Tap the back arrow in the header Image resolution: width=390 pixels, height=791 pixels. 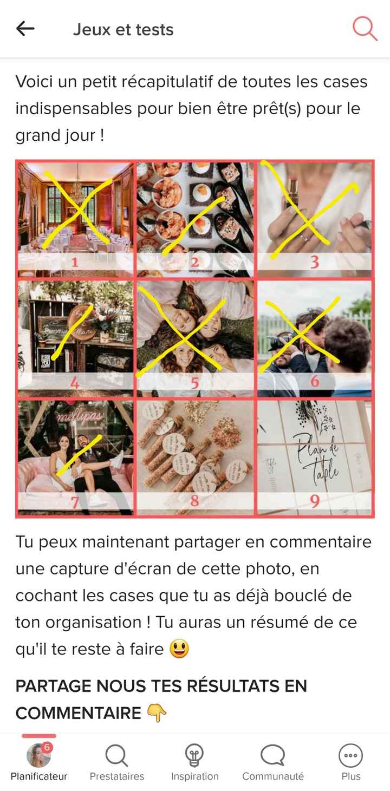point(25,29)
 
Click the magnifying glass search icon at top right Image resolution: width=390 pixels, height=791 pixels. point(365,29)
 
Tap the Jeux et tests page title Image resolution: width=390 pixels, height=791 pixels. point(123,29)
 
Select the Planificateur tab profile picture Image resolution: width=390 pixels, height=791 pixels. point(38,755)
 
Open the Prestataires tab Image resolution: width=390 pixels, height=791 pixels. point(116,761)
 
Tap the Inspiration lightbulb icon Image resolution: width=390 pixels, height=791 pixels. point(194,755)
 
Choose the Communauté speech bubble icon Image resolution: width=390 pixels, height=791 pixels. point(272,755)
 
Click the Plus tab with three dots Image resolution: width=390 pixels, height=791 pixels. point(350,761)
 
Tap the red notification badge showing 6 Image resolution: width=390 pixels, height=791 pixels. point(47,747)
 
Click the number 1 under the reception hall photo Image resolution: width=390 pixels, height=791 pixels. point(75,263)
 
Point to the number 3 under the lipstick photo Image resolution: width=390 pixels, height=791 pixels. point(314,263)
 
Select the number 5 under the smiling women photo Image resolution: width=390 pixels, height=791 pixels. point(194,383)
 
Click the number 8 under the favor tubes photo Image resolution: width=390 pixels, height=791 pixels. point(194,501)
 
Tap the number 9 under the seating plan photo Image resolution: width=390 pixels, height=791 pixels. point(314,501)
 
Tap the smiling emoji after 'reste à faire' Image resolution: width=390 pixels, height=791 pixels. point(179,649)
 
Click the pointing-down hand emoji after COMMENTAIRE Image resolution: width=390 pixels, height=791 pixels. point(157,714)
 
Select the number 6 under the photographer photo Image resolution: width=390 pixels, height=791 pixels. point(314,382)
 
